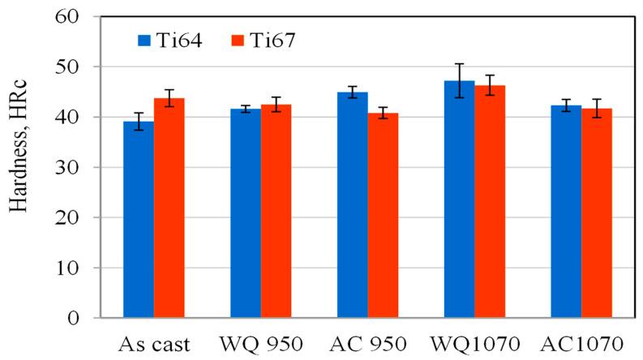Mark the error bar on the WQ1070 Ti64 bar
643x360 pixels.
point(459,80)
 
